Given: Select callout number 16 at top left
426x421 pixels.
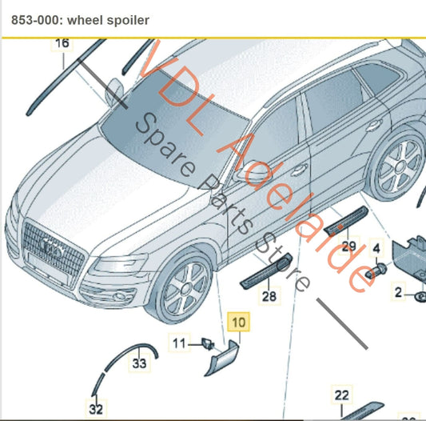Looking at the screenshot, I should (62, 44).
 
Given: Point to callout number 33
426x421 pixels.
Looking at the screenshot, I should (140, 364).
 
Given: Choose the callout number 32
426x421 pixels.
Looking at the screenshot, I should (96, 409).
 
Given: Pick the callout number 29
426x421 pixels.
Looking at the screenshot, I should (348, 245).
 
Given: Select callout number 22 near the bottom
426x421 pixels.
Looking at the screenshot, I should (341, 395).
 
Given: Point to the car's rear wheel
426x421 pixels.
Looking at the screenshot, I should (397, 168).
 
